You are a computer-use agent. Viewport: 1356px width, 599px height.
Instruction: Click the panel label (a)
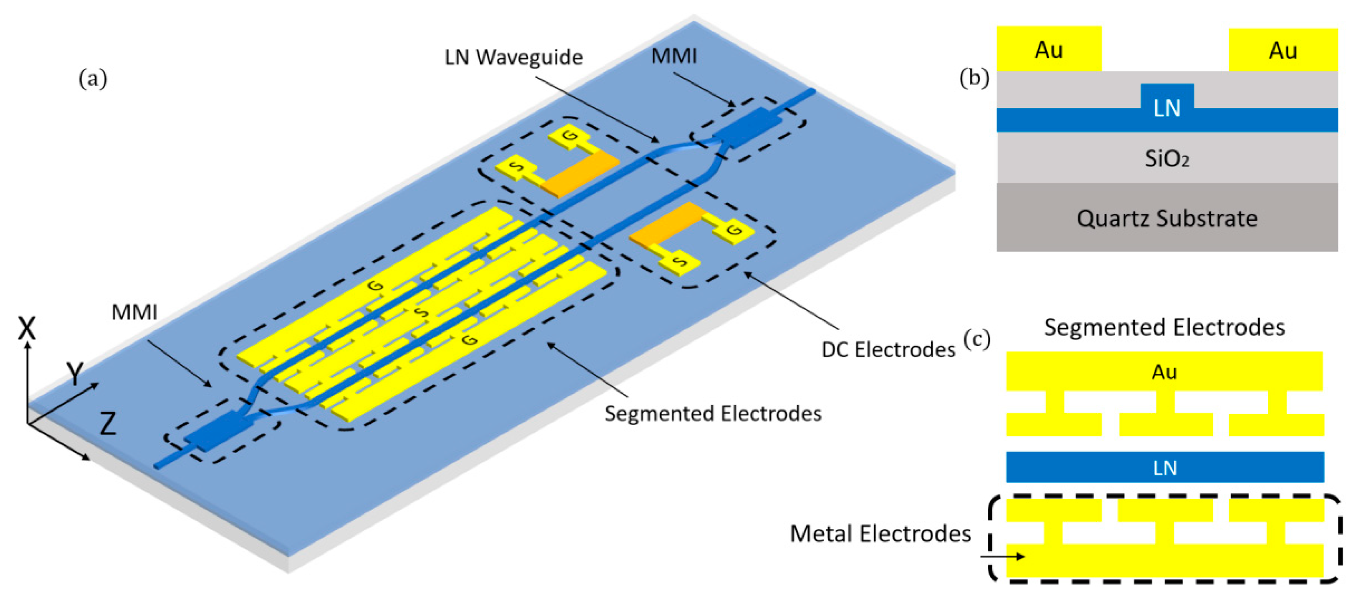tap(93, 79)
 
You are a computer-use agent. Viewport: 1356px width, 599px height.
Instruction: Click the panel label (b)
tap(974, 78)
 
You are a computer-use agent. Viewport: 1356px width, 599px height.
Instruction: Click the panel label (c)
tap(977, 340)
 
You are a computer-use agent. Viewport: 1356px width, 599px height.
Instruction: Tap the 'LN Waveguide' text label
tap(513, 57)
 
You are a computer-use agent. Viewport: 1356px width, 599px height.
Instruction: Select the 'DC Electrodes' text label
tap(888, 350)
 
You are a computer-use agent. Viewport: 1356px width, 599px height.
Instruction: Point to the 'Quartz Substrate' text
tap(1166, 219)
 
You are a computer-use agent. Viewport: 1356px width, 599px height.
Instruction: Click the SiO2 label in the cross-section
tap(1166, 158)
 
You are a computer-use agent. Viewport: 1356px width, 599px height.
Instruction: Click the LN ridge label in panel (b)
tap(1166, 107)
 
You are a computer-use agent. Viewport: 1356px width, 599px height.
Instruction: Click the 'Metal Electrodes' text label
tap(880, 534)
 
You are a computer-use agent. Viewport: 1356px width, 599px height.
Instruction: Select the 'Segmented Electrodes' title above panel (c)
tap(1164, 328)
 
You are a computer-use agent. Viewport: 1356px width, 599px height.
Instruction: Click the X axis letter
tap(27, 328)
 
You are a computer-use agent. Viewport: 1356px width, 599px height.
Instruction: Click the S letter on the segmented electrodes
tap(421, 313)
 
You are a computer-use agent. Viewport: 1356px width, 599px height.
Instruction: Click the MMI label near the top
tap(674, 56)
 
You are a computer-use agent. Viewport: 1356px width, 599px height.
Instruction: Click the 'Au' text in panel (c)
tap(1164, 372)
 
